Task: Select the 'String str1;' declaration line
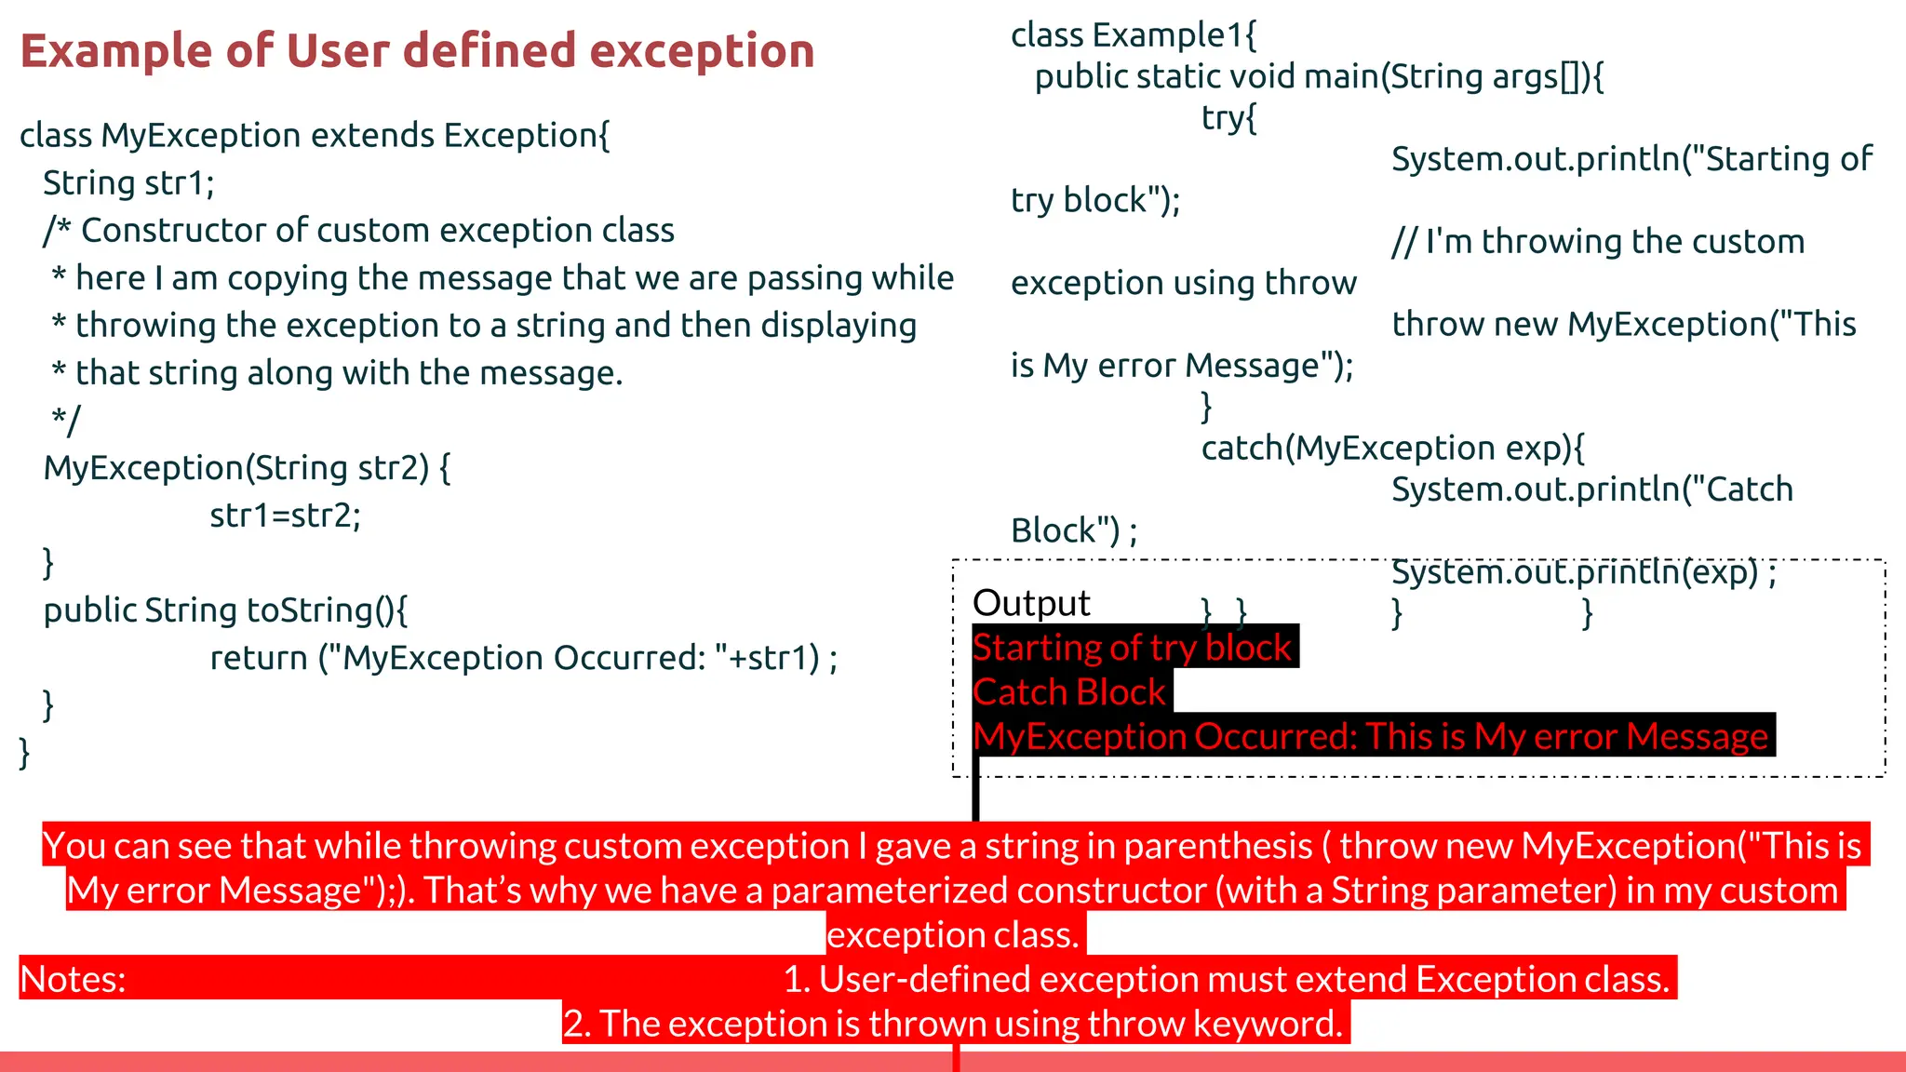pos(128,183)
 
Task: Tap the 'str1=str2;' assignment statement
pos(285,515)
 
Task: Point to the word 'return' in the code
pos(259,658)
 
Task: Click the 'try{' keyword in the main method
pos(1228,118)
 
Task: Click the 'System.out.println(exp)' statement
pos(1575,571)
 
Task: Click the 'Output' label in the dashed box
pos(1030,603)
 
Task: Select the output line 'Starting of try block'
pos(1132,647)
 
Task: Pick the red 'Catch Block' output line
pos(1068,691)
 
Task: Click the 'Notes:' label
pos(73,979)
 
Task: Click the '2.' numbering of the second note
pos(577,1024)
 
